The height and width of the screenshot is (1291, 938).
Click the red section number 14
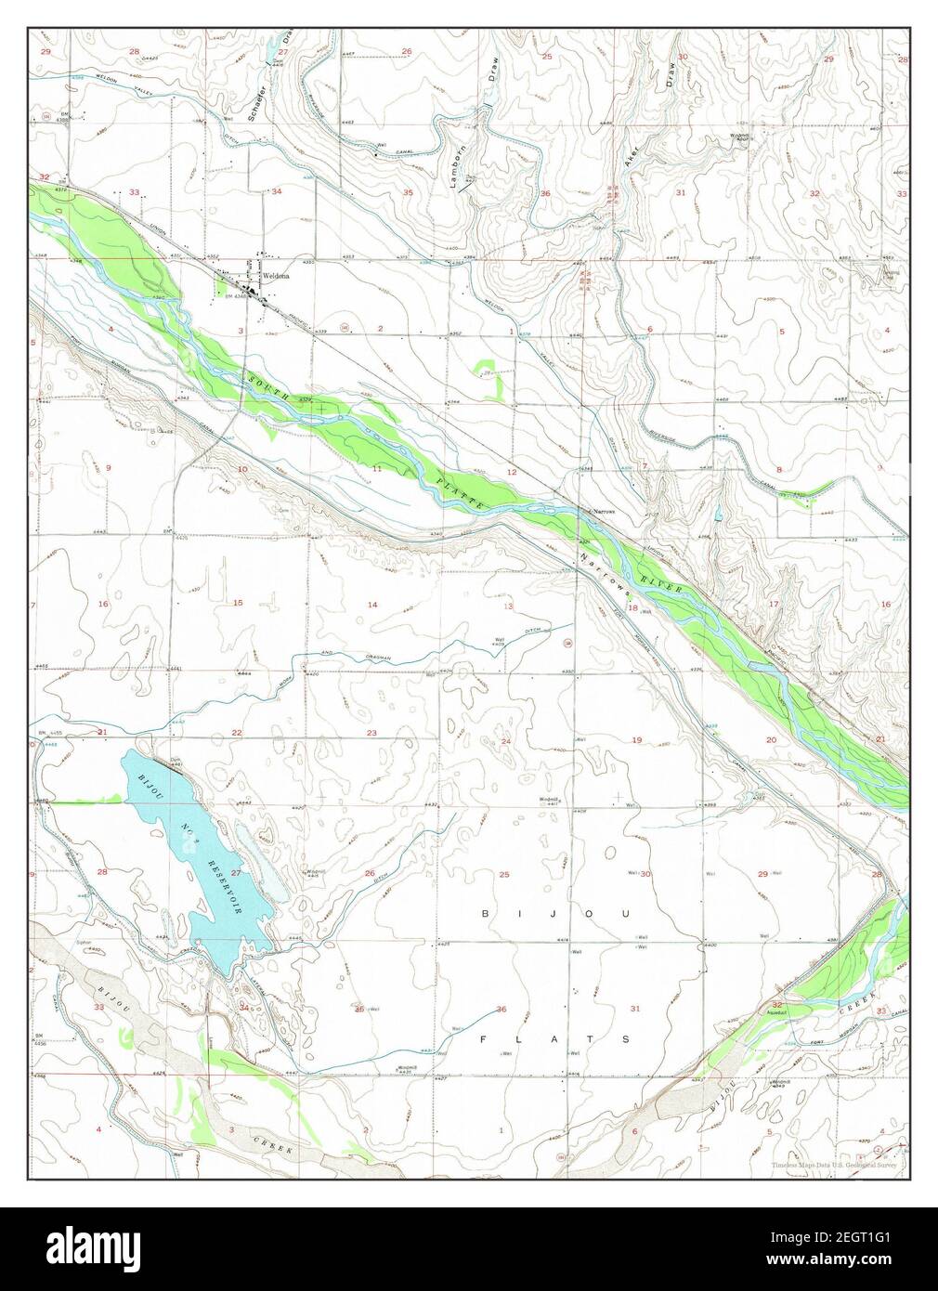click(372, 605)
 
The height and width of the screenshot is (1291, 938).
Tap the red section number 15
click(238, 603)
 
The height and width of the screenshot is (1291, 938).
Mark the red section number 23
click(371, 733)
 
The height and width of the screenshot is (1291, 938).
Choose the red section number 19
click(637, 739)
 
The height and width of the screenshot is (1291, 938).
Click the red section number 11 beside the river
click(377, 469)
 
